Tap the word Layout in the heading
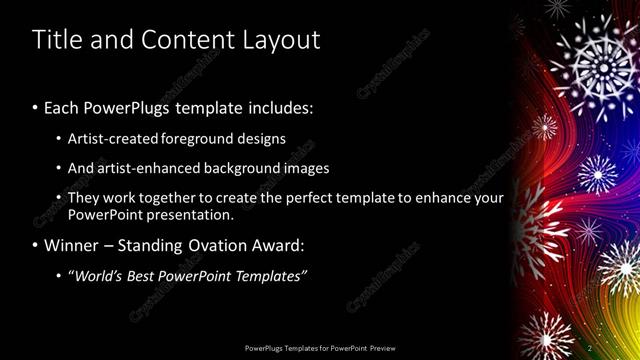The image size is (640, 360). pos(279,40)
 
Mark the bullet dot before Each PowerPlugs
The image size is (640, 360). pos(36,107)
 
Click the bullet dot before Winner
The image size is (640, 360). pos(36,245)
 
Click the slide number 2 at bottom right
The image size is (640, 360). pos(590,347)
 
